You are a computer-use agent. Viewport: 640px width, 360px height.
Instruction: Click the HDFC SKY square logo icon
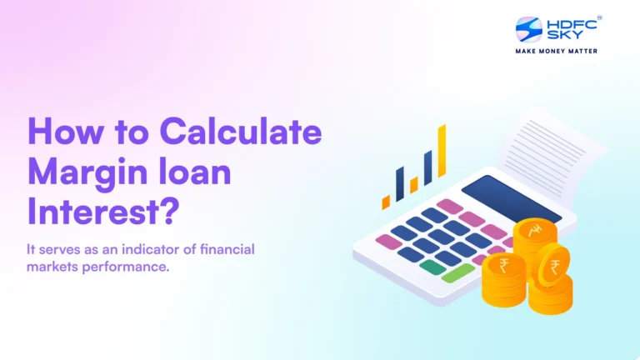pos(529,30)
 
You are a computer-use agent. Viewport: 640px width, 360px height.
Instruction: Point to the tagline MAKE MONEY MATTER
pos(556,52)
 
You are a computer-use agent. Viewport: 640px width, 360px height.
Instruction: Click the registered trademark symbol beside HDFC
pos(599,17)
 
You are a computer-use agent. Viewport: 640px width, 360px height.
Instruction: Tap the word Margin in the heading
pos(88,174)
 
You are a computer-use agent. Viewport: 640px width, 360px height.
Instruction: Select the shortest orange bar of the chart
pos(386,202)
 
